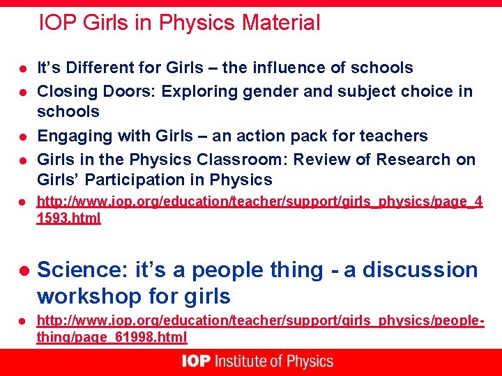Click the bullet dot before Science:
tap(23, 270)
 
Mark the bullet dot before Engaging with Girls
tap(22, 136)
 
